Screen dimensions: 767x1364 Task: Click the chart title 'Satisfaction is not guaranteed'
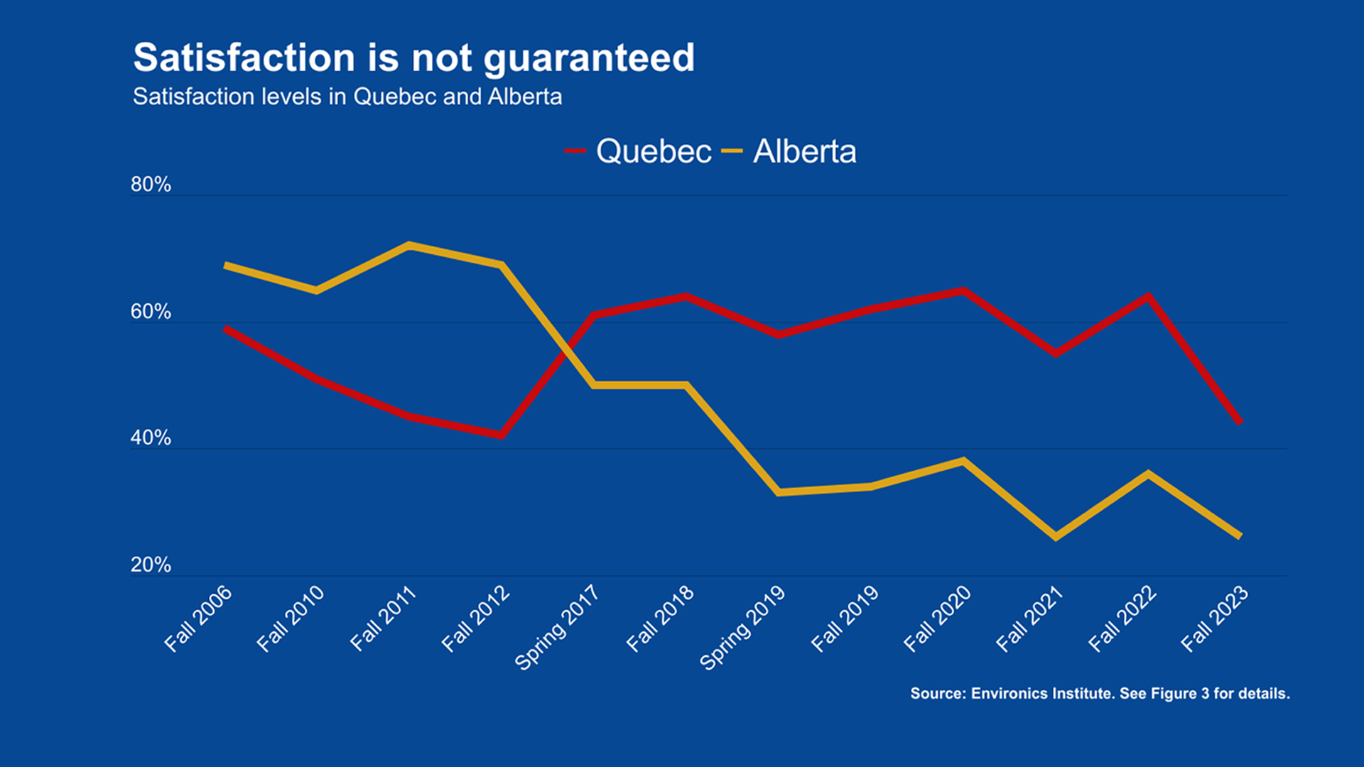tap(413, 58)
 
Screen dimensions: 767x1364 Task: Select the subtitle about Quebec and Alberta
tap(347, 97)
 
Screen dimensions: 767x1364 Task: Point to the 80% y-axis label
tap(151, 185)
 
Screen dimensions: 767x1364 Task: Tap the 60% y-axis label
tap(151, 312)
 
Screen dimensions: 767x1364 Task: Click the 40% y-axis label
tap(151, 438)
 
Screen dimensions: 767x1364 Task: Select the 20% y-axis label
tap(151, 565)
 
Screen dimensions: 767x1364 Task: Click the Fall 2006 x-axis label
tap(198, 619)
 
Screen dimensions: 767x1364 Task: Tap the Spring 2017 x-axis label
tap(558, 627)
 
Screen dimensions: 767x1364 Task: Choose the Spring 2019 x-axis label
tap(742, 627)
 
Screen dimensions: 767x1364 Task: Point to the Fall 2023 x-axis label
tap(1214, 619)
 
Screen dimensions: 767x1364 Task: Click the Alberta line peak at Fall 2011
tap(409, 245)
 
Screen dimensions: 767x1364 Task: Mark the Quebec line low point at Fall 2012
tap(502, 435)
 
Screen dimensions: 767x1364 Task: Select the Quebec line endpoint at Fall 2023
tap(1240, 423)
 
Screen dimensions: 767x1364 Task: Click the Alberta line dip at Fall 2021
tap(1056, 537)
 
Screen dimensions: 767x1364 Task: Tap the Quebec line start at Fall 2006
tap(225, 328)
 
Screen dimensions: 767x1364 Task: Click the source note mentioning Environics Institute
tap(1100, 694)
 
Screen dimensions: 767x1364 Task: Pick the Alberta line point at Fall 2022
tap(1148, 474)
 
